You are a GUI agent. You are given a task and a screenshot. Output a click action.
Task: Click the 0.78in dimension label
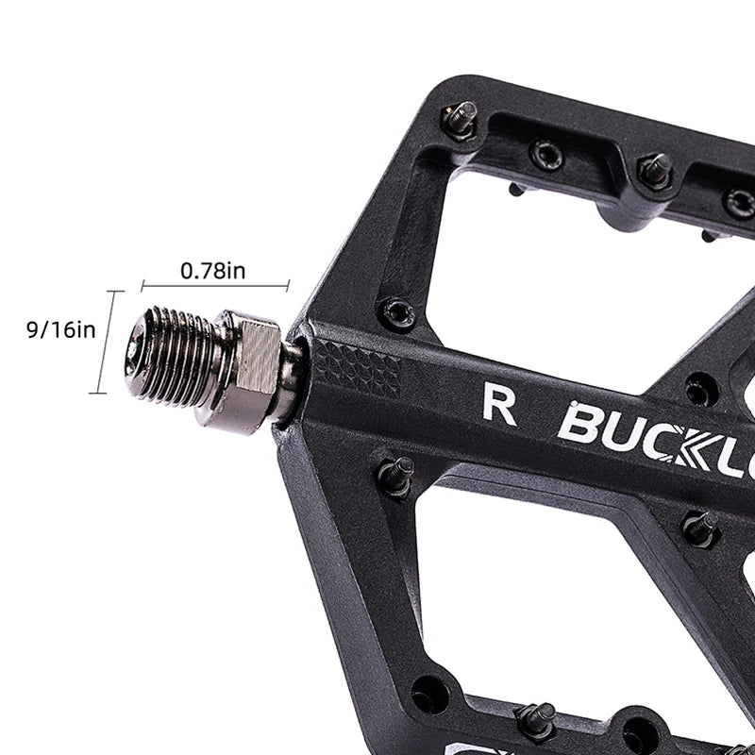[213, 271]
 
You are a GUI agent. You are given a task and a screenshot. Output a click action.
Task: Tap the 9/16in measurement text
[60, 329]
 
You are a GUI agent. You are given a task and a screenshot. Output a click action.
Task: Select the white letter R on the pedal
[499, 403]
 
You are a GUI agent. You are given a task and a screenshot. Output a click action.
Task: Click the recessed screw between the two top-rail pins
[546, 154]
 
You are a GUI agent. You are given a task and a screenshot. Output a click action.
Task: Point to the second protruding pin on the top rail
[654, 171]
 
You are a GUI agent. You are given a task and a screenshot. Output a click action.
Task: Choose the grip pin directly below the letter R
[396, 475]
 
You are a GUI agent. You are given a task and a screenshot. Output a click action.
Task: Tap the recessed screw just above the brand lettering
[700, 387]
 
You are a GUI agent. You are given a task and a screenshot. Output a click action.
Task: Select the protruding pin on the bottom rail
[536, 720]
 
